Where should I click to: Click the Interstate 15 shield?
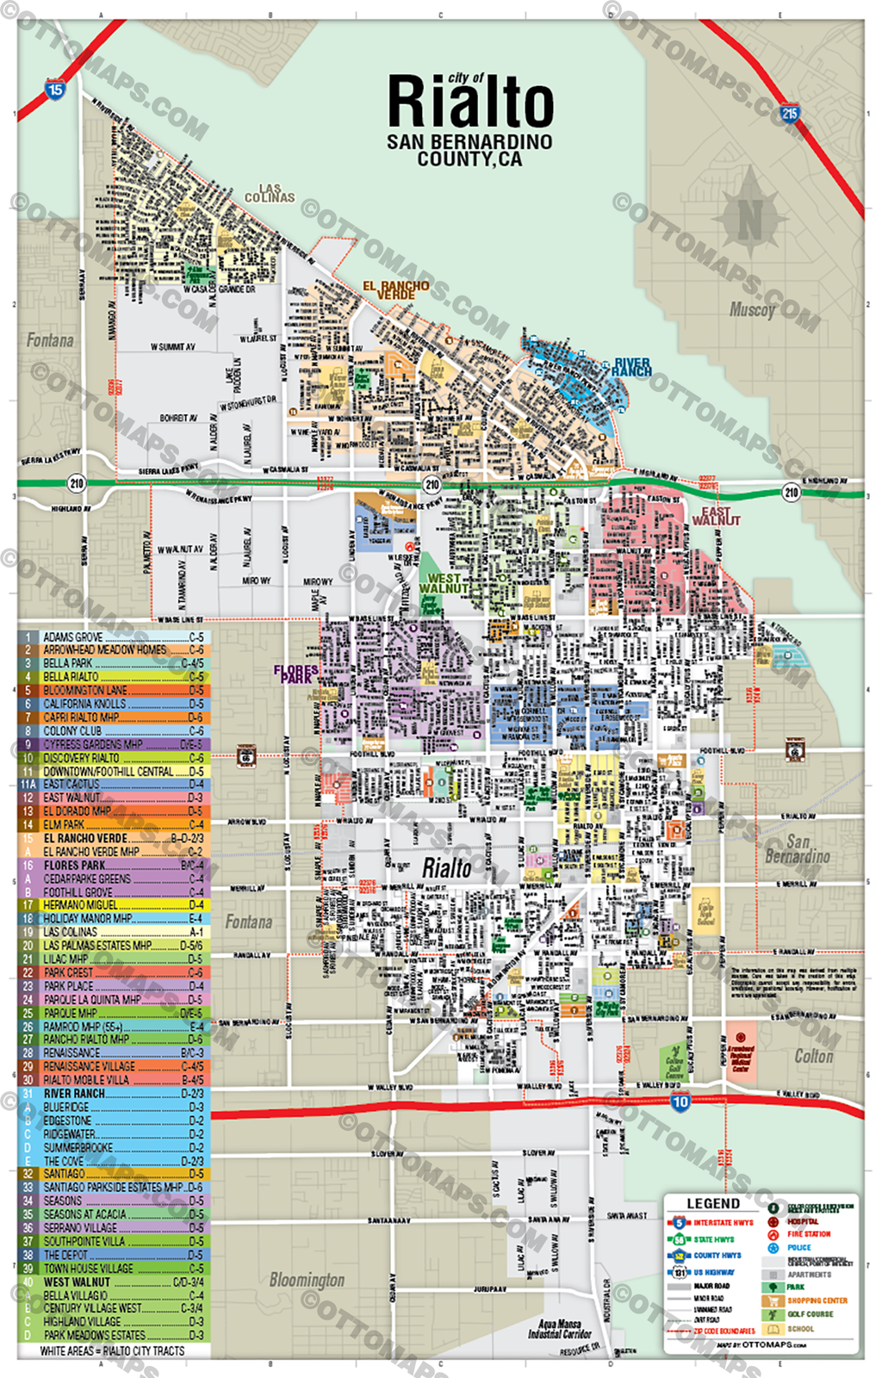(x=55, y=90)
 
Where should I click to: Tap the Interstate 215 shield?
(x=789, y=112)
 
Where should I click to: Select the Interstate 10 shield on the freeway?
(x=680, y=1101)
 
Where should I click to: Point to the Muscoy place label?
(x=752, y=309)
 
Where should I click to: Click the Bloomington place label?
(x=307, y=1280)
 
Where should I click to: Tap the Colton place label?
(x=813, y=1056)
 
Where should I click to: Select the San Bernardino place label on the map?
(x=797, y=849)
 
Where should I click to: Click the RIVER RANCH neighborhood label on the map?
(x=632, y=368)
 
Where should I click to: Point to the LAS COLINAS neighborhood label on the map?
(x=270, y=194)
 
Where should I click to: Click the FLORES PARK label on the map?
(x=295, y=673)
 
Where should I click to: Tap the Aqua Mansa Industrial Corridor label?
(x=559, y=1328)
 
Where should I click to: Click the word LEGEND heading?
(x=713, y=1203)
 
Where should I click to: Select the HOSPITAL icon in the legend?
(x=773, y=1221)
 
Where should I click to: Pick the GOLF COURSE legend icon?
(x=773, y=1314)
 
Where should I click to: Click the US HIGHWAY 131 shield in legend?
(x=680, y=1272)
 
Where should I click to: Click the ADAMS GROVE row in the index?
(x=112, y=637)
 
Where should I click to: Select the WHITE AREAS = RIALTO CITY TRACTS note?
(x=112, y=1350)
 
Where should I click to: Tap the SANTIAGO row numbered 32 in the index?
(x=112, y=1173)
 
